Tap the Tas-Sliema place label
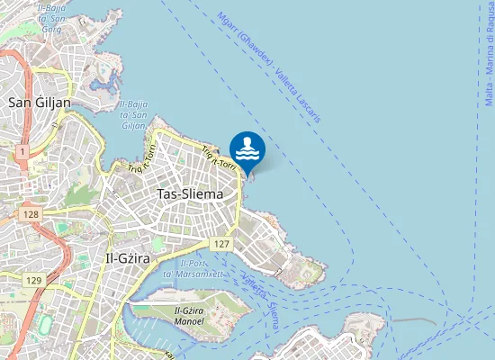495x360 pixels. tap(190, 193)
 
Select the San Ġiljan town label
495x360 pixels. tap(39, 102)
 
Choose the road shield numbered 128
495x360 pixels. tap(32, 213)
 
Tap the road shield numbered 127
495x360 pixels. tap(222, 244)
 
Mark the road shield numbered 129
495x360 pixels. tap(34, 281)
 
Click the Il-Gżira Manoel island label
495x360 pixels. tap(189, 316)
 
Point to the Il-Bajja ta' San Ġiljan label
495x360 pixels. tap(133, 114)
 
